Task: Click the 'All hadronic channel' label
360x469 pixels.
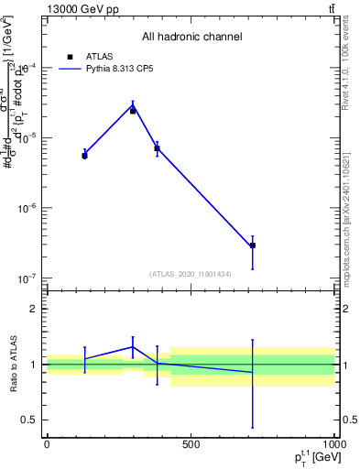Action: coord(191,38)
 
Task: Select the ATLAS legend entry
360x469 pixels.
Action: coord(99,56)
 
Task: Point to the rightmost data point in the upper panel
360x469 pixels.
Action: coord(252,245)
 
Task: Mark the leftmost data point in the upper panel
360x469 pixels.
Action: coord(84,154)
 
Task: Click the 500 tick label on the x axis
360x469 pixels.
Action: coord(191,445)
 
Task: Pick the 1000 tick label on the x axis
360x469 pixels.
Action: coord(333,445)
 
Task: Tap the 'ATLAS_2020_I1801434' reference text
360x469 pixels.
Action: coord(191,274)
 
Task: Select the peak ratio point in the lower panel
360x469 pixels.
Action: coord(133,346)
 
